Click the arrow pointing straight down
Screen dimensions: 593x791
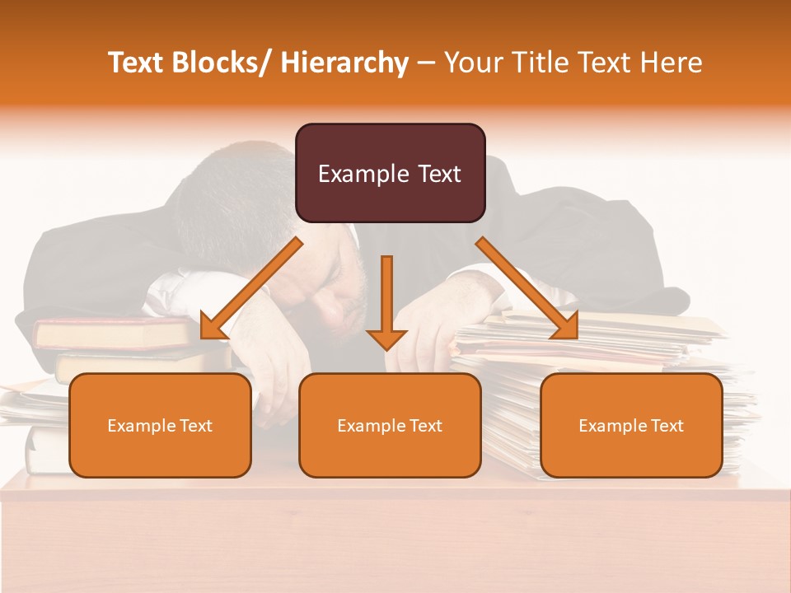(x=386, y=305)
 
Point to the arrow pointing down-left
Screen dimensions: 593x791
(x=251, y=289)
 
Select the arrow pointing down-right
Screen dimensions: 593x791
(x=527, y=288)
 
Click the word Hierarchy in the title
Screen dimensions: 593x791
(x=344, y=63)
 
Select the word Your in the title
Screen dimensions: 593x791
(x=472, y=63)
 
